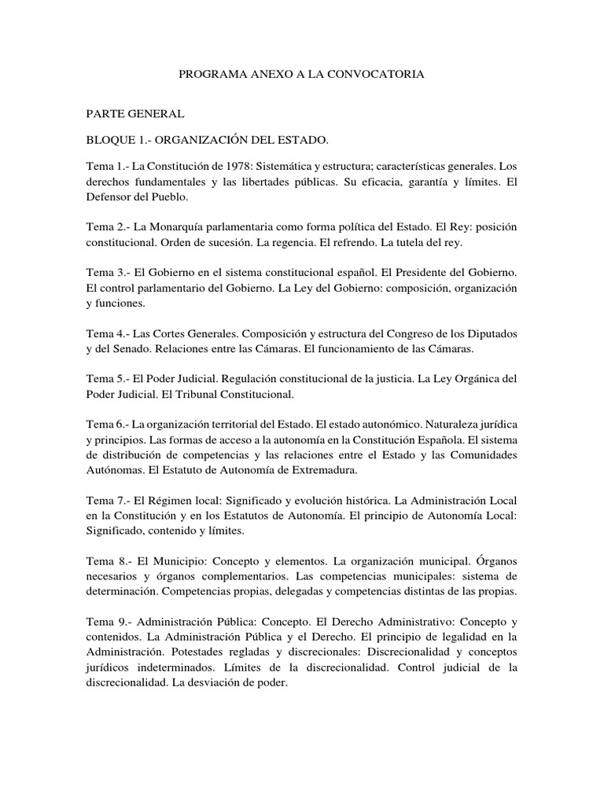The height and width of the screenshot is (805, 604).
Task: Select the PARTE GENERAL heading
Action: [135, 114]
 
